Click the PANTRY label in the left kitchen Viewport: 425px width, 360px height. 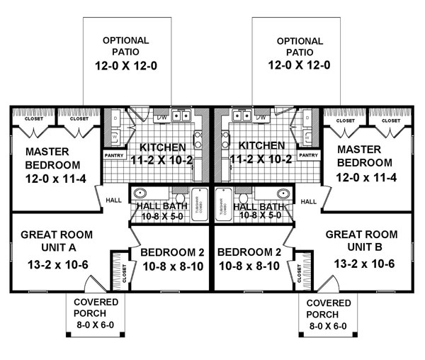coord(113,154)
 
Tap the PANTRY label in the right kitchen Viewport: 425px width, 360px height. coord(307,154)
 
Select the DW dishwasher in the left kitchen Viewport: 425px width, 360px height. coord(161,116)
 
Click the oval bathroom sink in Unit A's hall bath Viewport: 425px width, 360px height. coord(140,193)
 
